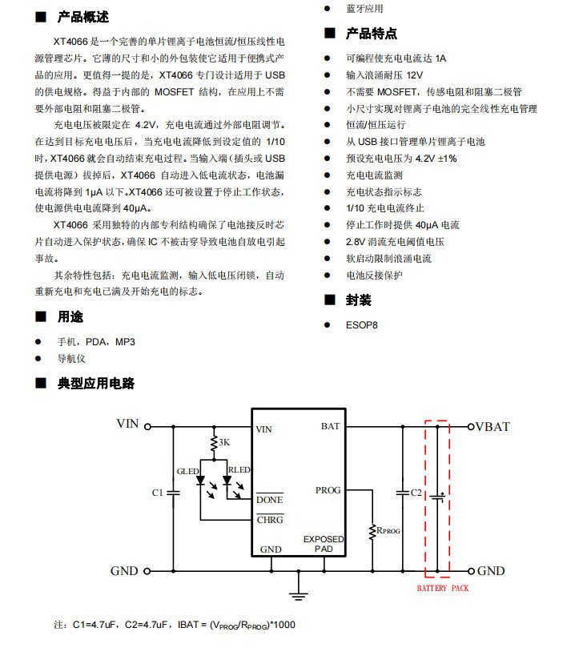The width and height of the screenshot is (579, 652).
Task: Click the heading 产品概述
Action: click(83, 17)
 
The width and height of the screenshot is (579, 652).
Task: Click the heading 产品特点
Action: click(371, 34)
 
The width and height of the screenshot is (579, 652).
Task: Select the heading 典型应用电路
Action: click(95, 384)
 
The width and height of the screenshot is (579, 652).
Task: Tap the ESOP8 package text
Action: click(361, 325)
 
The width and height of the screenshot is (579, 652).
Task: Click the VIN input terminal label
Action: click(128, 424)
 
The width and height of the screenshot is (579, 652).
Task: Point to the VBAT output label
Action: click(493, 426)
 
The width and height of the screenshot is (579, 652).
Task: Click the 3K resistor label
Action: click(224, 442)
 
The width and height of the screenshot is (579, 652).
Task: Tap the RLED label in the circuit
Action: click(239, 470)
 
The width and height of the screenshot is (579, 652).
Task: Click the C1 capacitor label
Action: click(157, 492)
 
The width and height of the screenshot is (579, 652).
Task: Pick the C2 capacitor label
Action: click(416, 492)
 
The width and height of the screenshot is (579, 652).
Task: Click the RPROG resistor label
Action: click(390, 529)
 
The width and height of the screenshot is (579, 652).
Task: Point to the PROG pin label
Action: click(328, 490)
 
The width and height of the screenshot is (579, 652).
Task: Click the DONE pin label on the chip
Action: click(270, 500)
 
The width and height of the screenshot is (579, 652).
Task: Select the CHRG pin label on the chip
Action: click(270, 519)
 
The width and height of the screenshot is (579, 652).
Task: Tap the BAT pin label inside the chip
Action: click(331, 427)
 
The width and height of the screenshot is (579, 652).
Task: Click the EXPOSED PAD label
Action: click(324, 545)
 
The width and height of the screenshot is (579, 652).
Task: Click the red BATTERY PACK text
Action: click(443, 588)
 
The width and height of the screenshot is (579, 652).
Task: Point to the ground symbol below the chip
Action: click(298, 594)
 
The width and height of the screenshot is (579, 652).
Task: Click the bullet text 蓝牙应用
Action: click(364, 9)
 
